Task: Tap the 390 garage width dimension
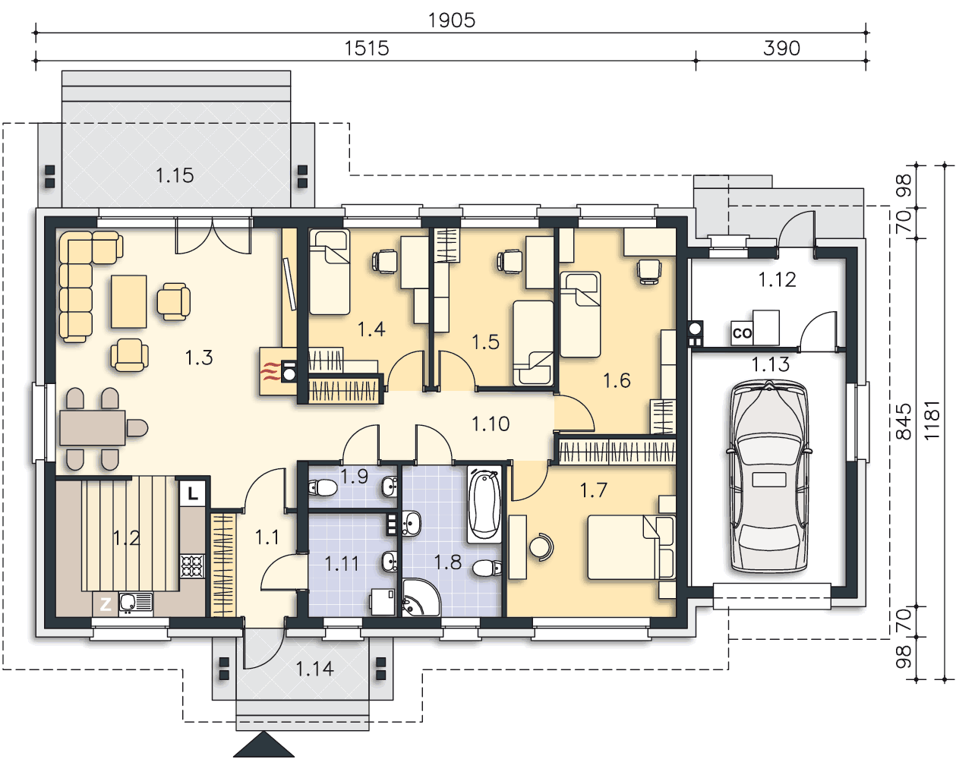pyautogui.click(x=781, y=49)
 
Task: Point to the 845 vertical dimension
pyautogui.click(x=903, y=421)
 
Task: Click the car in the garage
pyautogui.click(x=769, y=476)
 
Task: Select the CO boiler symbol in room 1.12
pyautogui.click(x=742, y=332)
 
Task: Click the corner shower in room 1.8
pyautogui.click(x=420, y=597)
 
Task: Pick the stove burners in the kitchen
pyautogui.click(x=192, y=565)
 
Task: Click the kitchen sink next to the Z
pyautogui.click(x=135, y=604)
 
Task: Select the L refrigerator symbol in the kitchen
pyautogui.click(x=192, y=493)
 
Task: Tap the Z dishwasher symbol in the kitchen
pyautogui.click(x=106, y=604)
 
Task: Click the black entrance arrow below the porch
pyautogui.click(x=264, y=745)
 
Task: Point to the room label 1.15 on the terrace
pyautogui.click(x=175, y=176)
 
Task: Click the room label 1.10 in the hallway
pyautogui.click(x=491, y=424)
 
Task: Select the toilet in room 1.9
pyautogui.click(x=323, y=488)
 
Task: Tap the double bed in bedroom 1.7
pyautogui.click(x=631, y=547)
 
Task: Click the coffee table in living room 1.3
pyautogui.click(x=129, y=301)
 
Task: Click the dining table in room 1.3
pyautogui.click(x=93, y=428)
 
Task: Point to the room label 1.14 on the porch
pyautogui.click(x=314, y=669)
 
